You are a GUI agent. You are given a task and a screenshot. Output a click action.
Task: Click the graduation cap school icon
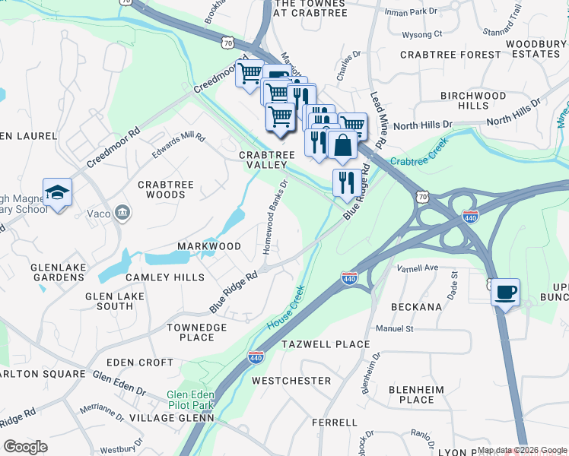click(x=57, y=192)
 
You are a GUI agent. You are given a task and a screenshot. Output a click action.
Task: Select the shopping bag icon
click(x=343, y=144)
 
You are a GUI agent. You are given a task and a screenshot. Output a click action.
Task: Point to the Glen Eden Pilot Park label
click(x=191, y=401)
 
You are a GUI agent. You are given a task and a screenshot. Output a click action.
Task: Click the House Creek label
click(x=286, y=306)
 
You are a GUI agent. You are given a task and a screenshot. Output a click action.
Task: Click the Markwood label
click(x=208, y=246)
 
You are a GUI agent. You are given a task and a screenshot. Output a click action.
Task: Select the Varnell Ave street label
click(x=418, y=268)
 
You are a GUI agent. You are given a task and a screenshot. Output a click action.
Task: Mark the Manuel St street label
click(x=393, y=329)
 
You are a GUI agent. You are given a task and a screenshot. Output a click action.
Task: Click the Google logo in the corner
click(x=26, y=447)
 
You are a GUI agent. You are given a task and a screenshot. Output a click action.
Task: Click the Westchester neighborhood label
click(x=291, y=380)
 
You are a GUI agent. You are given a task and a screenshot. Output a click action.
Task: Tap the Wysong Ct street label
click(x=422, y=34)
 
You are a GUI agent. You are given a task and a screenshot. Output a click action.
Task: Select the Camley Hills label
click(x=165, y=277)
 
